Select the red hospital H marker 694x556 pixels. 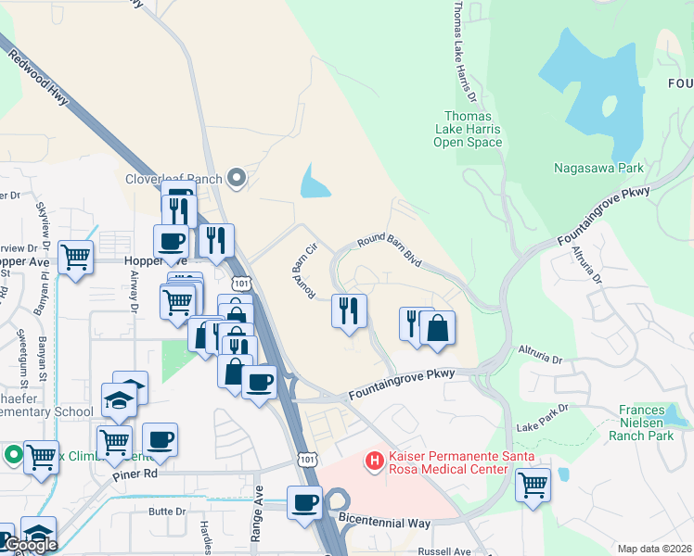374,460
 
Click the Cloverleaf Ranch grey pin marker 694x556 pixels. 237,178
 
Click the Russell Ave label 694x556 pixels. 444,550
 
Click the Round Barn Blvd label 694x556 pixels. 390,249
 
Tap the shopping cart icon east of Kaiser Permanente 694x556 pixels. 533,483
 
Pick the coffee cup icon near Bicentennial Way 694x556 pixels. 304,502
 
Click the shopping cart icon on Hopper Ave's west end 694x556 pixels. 75,256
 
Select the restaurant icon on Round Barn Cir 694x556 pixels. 349,310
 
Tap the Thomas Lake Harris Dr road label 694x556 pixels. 464,51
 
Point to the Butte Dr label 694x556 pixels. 167,511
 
